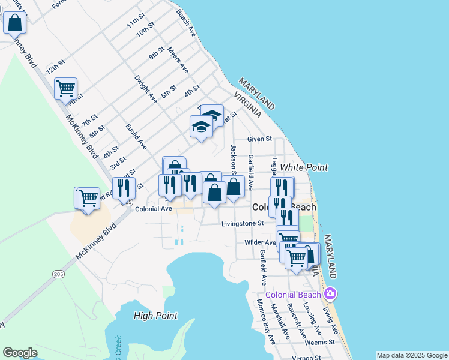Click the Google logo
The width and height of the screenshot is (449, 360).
click(20, 353)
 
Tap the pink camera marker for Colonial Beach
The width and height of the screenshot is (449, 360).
click(329, 294)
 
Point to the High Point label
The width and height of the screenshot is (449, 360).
click(155, 316)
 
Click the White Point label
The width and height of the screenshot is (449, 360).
click(304, 167)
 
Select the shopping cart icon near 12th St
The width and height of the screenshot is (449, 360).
click(65, 89)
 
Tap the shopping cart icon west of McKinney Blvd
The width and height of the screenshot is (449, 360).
click(88, 197)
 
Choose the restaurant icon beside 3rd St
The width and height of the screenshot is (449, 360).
click(124, 188)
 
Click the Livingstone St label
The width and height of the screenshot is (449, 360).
click(243, 223)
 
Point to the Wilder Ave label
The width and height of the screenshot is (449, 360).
click(259, 242)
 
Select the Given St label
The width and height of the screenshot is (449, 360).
click(260, 139)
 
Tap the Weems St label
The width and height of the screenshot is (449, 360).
click(319, 342)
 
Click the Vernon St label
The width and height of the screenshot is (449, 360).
click(307, 358)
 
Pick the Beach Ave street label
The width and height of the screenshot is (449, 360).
click(186, 23)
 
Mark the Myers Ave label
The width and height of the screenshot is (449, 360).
click(178, 60)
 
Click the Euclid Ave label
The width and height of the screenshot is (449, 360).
click(137, 136)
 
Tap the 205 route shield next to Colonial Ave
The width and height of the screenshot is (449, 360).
click(127, 203)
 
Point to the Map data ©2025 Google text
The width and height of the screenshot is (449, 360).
click(411, 355)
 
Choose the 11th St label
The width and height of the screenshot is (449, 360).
click(136, 20)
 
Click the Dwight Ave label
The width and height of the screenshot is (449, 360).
click(146, 89)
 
